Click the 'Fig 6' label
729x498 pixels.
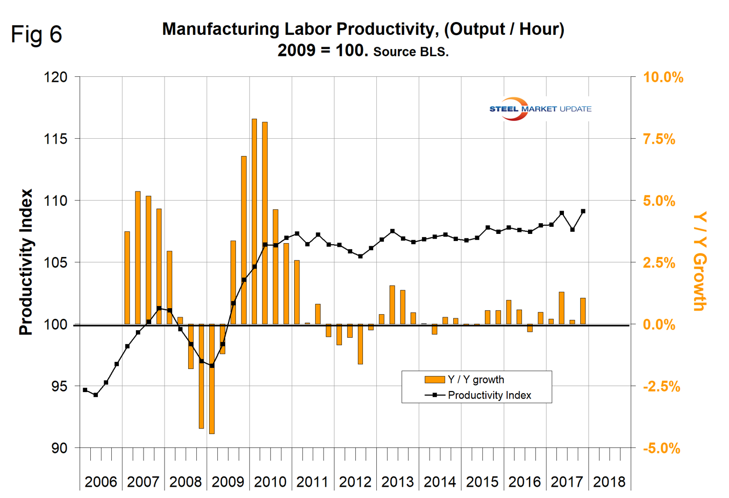click(36, 35)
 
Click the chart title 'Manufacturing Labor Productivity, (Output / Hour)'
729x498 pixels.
click(363, 29)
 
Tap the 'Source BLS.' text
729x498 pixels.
click(411, 52)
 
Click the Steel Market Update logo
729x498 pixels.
click(540, 109)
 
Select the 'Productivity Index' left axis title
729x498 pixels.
click(26, 262)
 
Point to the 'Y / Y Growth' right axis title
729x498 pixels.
click(700, 261)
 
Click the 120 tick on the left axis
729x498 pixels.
click(56, 77)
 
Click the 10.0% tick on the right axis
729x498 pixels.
click(663, 77)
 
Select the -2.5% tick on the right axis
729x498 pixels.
click(661, 386)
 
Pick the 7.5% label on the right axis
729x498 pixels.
click(659, 139)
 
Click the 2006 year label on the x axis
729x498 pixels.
click(100, 482)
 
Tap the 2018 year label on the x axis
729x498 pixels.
click(609, 482)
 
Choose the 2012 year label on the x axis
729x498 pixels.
click(355, 482)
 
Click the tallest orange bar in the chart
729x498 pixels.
click(254, 221)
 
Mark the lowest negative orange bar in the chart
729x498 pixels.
click(212, 379)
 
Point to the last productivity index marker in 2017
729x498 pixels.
click(583, 211)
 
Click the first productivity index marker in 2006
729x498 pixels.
click(85, 390)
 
